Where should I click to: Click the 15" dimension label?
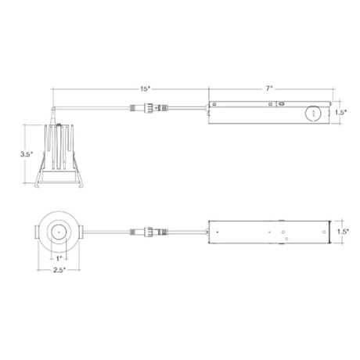[146, 88]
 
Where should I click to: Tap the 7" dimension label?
[269, 88]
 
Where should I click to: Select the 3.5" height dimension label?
[27, 154]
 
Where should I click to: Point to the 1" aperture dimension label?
[59, 258]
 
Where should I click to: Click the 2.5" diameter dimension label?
[59, 270]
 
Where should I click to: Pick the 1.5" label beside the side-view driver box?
[341, 113]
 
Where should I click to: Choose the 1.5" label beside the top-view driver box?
[343, 232]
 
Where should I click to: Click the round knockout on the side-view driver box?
[313, 113]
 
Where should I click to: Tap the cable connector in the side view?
[149, 107]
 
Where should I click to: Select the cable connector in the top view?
[149, 232]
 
